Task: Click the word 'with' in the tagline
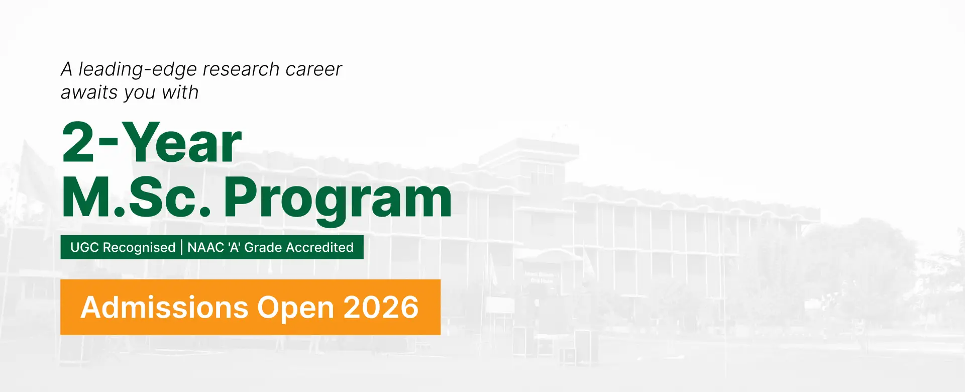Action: click(180, 92)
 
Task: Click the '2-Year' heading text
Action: click(152, 143)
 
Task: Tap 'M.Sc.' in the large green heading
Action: click(136, 197)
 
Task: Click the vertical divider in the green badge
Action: click(181, 248)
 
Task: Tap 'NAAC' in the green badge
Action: click(206, 247)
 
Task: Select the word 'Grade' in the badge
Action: click(263, 247)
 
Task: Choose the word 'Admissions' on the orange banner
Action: click(165, 307)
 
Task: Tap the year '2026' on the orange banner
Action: click(381, 307)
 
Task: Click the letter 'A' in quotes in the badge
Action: click(234, 247)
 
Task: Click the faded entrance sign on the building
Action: click(540, 277)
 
